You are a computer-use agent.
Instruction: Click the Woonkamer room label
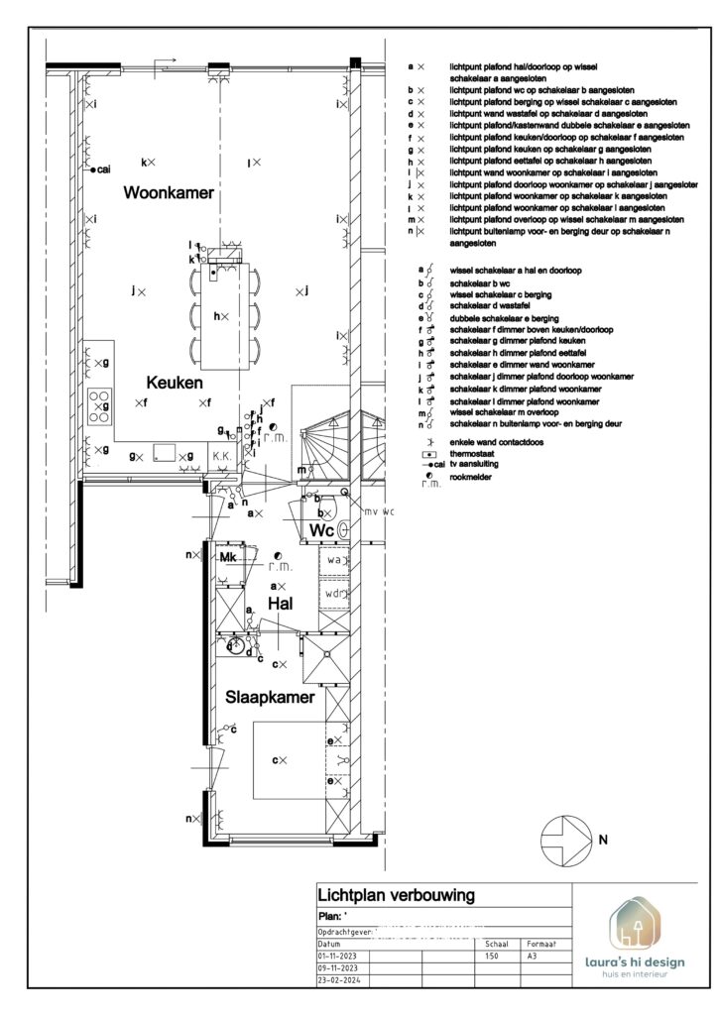coord(168,194)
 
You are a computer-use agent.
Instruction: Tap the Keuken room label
coord(175,382)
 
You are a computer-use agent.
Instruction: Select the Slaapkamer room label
coord(270,697)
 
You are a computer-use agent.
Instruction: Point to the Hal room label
coord(282,602)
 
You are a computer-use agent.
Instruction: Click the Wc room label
coord(321,531)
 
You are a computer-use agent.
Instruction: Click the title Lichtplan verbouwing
coord(395,896)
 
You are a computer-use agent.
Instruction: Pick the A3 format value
coord(533,957)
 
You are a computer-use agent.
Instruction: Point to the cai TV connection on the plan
coord(99,170)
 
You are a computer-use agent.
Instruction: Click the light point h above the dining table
coord(221,315)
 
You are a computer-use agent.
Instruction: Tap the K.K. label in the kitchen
coord(221,457)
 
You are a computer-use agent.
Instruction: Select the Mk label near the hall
coord(227,558)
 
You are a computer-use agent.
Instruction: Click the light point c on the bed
coord(280,760)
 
